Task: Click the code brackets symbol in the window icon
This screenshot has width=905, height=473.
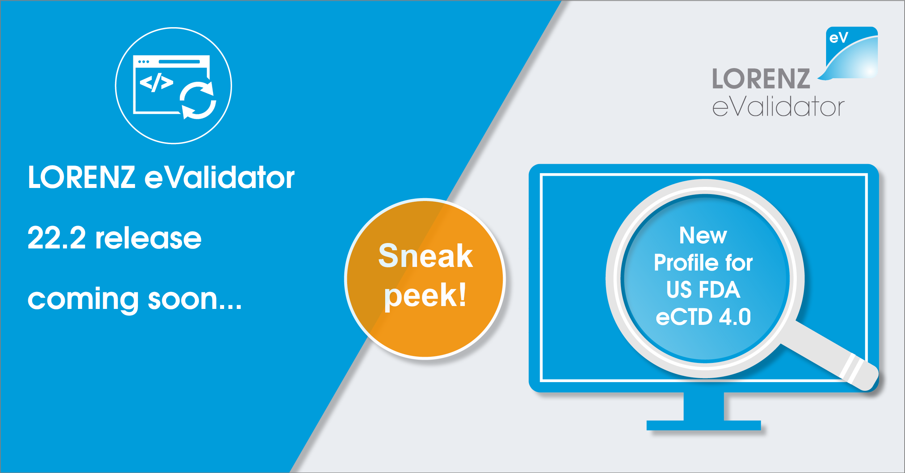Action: coord(156,83)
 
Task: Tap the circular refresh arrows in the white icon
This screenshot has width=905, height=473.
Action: coord(198,100)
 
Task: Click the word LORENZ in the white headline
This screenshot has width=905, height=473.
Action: coord(82,177)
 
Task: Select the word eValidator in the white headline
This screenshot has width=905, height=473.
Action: coord(220,177)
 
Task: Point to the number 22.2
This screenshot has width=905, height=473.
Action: coord(57,238)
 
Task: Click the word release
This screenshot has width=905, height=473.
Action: coord(148,238)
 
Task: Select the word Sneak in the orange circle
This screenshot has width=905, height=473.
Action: coord(425,256)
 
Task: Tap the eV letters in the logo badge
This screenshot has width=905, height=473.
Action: coord(839,37)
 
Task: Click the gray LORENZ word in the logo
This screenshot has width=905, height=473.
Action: coord(761,79)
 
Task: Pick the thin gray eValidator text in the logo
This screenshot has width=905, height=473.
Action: coord(778,107)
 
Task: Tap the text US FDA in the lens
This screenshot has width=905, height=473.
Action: coord(703,290)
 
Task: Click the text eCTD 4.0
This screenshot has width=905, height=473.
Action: coord(703,317)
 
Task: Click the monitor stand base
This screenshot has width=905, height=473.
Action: coord(703,425)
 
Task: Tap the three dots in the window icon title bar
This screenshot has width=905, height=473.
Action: coord(144,62)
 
